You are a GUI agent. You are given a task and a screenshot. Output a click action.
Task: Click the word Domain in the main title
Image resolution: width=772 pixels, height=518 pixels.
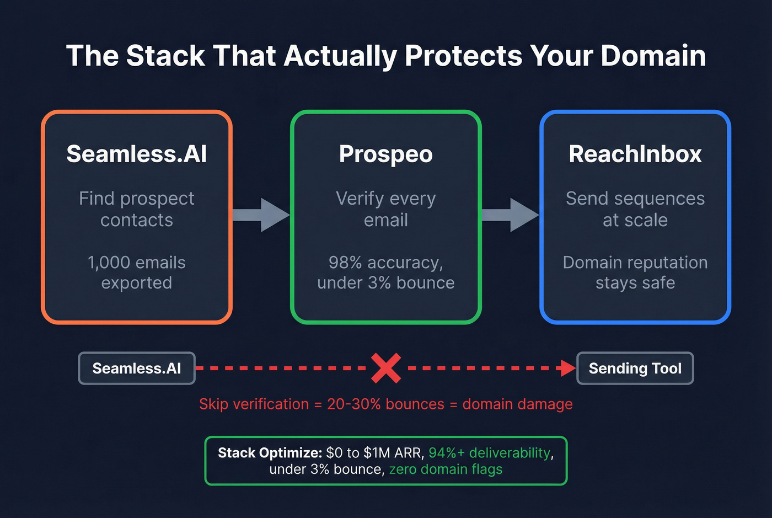click(x=653, y=56)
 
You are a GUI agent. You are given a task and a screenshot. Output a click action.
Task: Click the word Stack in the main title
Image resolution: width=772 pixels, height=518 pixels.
click(x=165, y=56)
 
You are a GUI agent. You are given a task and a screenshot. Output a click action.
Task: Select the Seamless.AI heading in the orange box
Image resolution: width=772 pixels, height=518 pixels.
click(x=137, y=154)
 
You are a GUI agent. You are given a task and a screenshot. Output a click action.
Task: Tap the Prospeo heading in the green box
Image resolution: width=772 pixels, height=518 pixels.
click(x=386, y=154)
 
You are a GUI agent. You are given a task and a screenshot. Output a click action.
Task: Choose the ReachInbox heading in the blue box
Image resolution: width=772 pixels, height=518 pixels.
click(x=635, y=154)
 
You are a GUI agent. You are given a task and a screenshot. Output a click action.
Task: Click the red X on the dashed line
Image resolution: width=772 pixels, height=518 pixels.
click(x=386, y=368)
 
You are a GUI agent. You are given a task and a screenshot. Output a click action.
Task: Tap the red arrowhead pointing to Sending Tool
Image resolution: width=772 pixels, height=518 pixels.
click(x=568, y=368)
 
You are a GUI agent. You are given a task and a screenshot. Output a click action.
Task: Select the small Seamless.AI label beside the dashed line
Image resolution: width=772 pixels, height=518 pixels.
click(x=137, y=368)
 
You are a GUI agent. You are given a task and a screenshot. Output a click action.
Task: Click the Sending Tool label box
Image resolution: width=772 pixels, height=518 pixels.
click(x=635, y=368)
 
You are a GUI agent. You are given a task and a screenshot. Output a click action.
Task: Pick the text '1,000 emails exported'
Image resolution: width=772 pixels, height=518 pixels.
click(x=137, y=273)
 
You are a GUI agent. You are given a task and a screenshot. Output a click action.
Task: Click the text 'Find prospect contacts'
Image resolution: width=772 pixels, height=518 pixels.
click(x=137, y=209)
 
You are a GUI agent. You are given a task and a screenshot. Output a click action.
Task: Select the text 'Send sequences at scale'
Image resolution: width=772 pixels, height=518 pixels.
click(x=635, y=209)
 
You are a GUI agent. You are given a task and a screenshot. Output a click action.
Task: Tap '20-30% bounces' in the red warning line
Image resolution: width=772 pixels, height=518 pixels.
click(x=385, y=404)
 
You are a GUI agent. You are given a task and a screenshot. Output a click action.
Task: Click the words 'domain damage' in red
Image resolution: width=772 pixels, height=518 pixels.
click(x=517, y=404)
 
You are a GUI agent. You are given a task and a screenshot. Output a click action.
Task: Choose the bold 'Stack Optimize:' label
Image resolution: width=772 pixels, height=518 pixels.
click(x=270, y=453)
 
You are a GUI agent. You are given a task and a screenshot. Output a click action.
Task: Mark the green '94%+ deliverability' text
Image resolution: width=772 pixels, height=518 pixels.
click(x=489, y=453)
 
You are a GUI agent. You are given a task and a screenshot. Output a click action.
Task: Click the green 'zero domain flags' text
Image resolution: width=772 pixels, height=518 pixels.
click(x=446, y=469)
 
